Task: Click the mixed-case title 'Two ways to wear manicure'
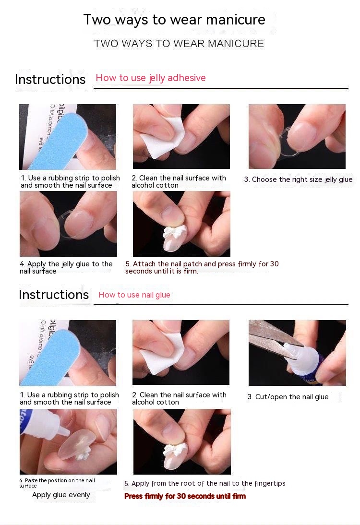(x=174, y=20)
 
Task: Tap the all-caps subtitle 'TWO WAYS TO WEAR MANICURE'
(x=179, y=44)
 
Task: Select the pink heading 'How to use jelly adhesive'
(x=151, y=78)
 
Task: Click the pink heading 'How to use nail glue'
(x=134, y=295)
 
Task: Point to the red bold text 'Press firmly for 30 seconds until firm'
(x=185, y=496)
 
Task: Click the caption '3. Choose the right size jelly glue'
(x=298, y=180)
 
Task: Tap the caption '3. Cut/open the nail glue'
(x=288, y=397)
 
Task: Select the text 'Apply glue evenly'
(x=61, y=495)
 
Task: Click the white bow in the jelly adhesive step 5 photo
(x=171, y=233)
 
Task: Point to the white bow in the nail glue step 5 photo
(x=172, y=451)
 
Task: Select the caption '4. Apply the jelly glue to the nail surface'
(x=66, y=267)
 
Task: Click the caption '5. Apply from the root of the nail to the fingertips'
(x=205, y=483)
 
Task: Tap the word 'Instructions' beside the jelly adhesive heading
(x=50, y=80)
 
